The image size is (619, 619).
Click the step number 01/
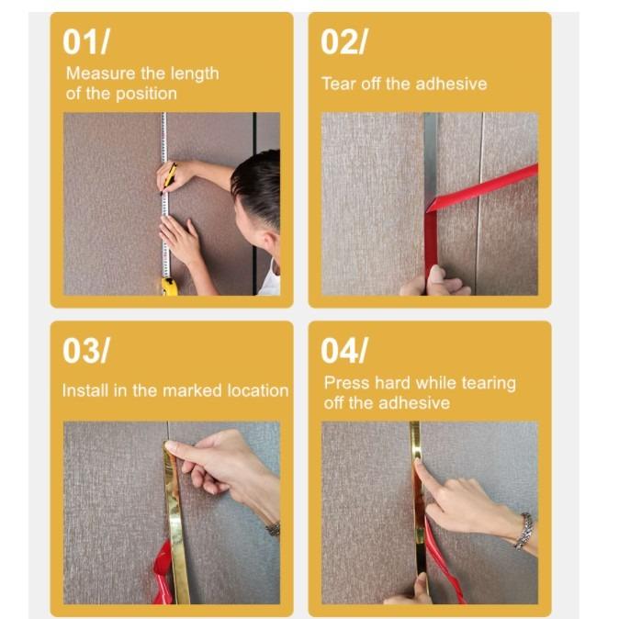[85, 41]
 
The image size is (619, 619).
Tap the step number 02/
[344, 41]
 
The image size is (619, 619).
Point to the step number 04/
[345, 350]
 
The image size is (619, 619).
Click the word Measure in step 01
[96, 73]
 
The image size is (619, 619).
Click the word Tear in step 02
[338, 84]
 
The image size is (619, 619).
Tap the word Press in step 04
[345, 383]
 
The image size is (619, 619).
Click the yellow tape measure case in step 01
[170, 286]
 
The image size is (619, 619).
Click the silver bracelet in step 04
[523, 531]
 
